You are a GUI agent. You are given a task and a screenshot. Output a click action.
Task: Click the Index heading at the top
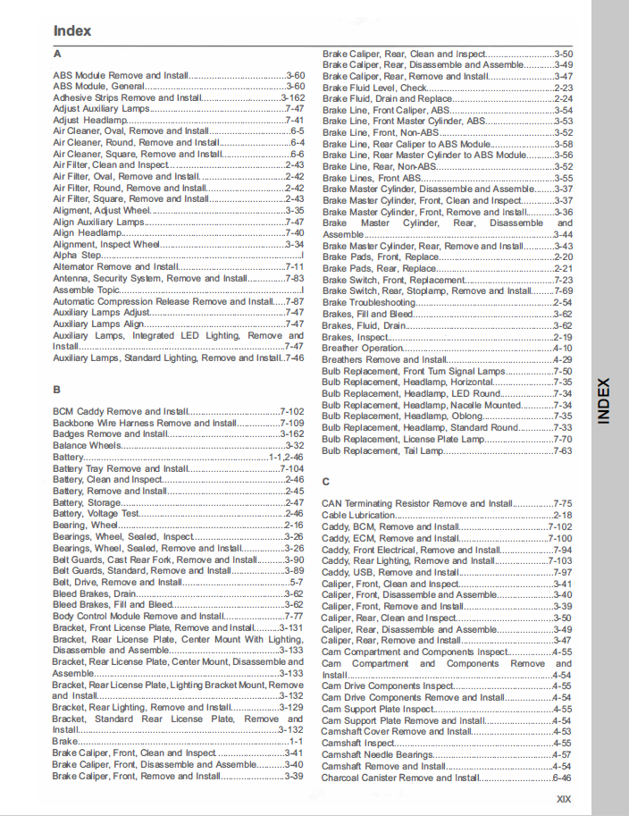(x=72, y=30)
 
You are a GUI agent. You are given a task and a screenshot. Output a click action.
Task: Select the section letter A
(x=56, y=54)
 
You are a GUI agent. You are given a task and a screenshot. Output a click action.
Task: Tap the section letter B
(x=56, y=390)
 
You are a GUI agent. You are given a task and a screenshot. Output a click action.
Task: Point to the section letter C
(x=326, y=481)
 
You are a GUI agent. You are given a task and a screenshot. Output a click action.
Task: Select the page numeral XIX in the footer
(x=563, y=799)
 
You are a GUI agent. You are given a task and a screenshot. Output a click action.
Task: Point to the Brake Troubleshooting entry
(x=369, y=303)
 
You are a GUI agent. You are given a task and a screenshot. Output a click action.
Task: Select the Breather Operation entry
(x=363, y=349)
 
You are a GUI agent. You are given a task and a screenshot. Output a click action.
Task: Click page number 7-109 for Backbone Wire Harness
(x=292, y=423)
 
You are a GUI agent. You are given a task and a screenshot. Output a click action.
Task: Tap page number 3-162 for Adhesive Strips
(x=293, y=97)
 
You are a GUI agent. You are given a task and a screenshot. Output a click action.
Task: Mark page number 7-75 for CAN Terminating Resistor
(x=562, y=504)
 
